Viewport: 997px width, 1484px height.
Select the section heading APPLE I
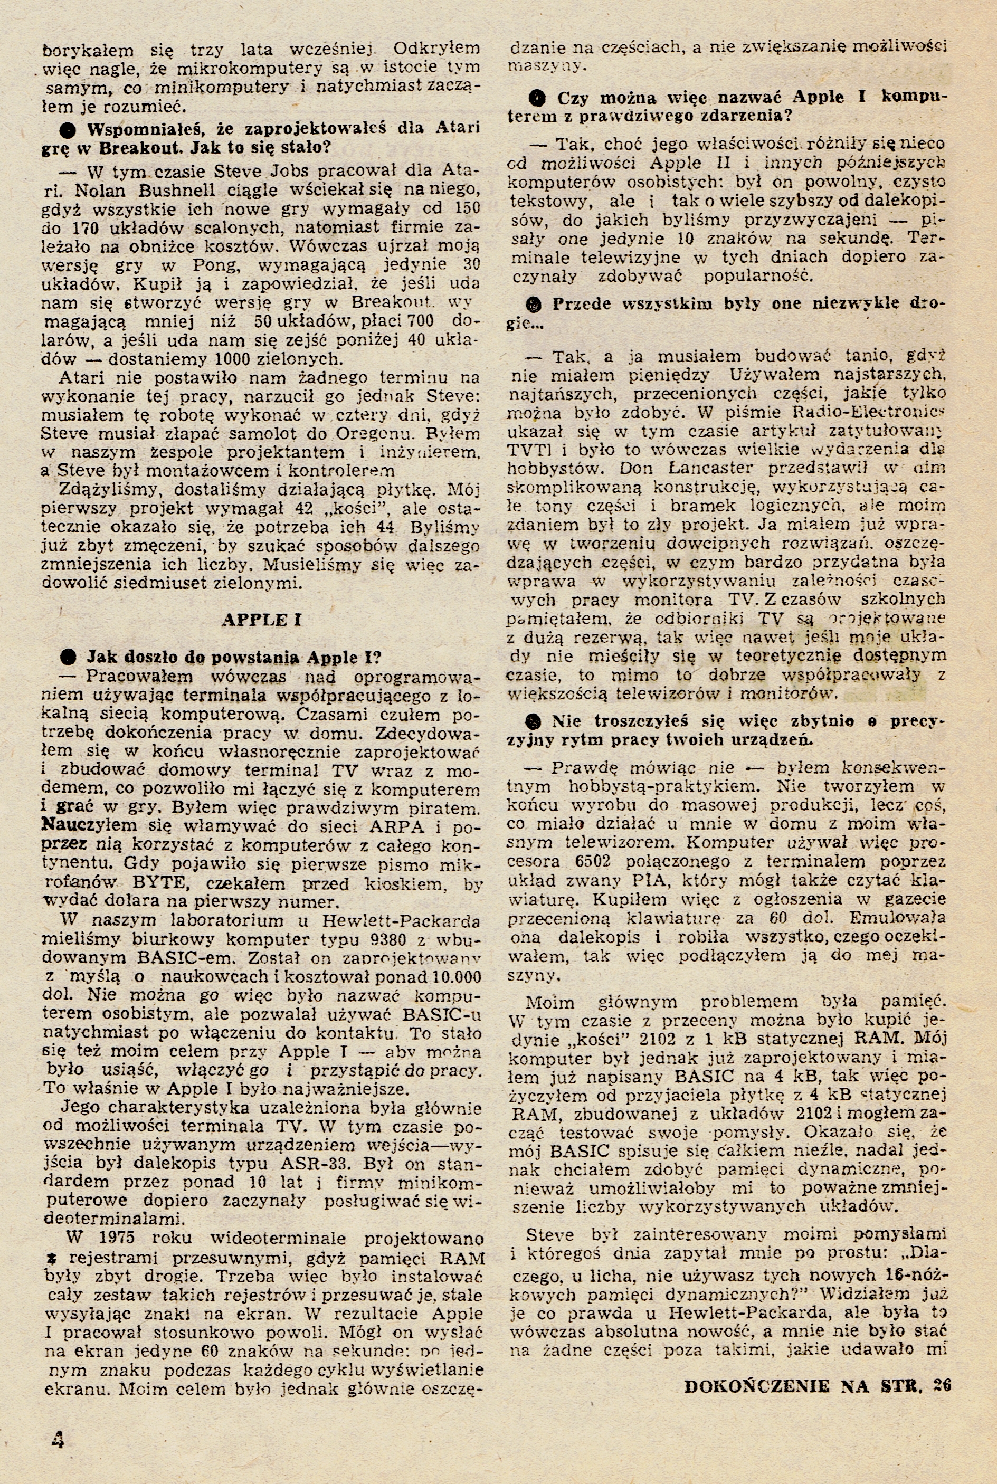click(x=261, y=620)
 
